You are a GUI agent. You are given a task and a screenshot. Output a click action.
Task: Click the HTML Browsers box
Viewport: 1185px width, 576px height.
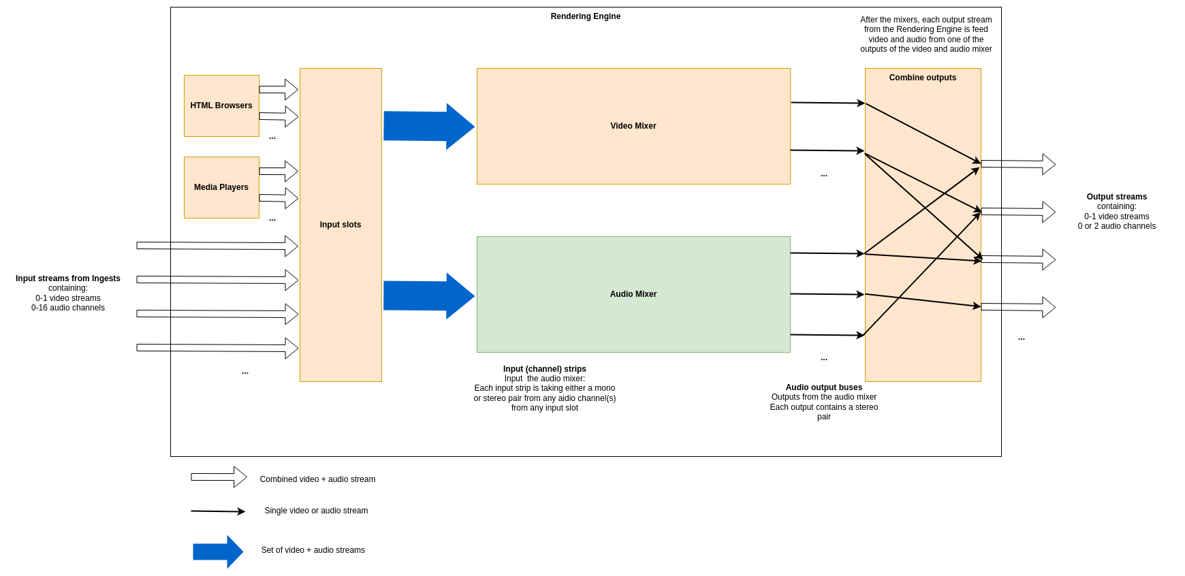point(221,106)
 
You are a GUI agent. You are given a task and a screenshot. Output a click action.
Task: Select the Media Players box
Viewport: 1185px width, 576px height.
point(221,187)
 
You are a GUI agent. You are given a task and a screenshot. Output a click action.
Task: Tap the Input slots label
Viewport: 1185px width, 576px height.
point(340,225)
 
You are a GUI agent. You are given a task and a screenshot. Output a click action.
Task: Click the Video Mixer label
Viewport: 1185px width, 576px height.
point(633,126)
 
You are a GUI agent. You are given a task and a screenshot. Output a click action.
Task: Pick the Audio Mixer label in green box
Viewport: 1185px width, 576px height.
point(633,294)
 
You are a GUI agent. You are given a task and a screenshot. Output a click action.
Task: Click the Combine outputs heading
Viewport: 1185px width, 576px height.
point(922,78)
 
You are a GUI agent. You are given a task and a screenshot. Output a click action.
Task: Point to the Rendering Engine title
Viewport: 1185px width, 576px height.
point(585,16)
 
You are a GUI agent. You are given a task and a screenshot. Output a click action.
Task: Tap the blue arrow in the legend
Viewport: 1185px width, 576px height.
point(217,551)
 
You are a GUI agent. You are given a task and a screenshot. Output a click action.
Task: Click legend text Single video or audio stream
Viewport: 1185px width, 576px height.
point(316,511)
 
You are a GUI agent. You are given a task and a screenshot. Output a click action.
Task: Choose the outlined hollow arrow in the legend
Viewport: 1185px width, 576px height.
point(219,477)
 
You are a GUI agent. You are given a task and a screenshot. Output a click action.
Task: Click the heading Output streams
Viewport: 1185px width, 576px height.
point(1116,197)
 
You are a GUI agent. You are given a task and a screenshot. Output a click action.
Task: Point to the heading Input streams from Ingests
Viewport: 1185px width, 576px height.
point(68,278)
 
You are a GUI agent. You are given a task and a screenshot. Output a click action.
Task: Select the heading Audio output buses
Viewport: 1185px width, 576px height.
point(823,387)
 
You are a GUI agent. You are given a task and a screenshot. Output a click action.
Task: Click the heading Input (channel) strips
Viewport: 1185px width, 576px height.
point(544,369)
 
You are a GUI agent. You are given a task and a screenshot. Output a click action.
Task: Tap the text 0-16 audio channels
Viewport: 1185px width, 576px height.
point(68,308)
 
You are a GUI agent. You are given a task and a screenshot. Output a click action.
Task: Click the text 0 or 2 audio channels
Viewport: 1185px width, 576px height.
point(1116,226)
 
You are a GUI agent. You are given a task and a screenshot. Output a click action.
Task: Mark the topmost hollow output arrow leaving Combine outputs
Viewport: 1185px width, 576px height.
point(1017,164)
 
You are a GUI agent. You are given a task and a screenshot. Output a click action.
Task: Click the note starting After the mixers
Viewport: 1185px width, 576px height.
point(926,34)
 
